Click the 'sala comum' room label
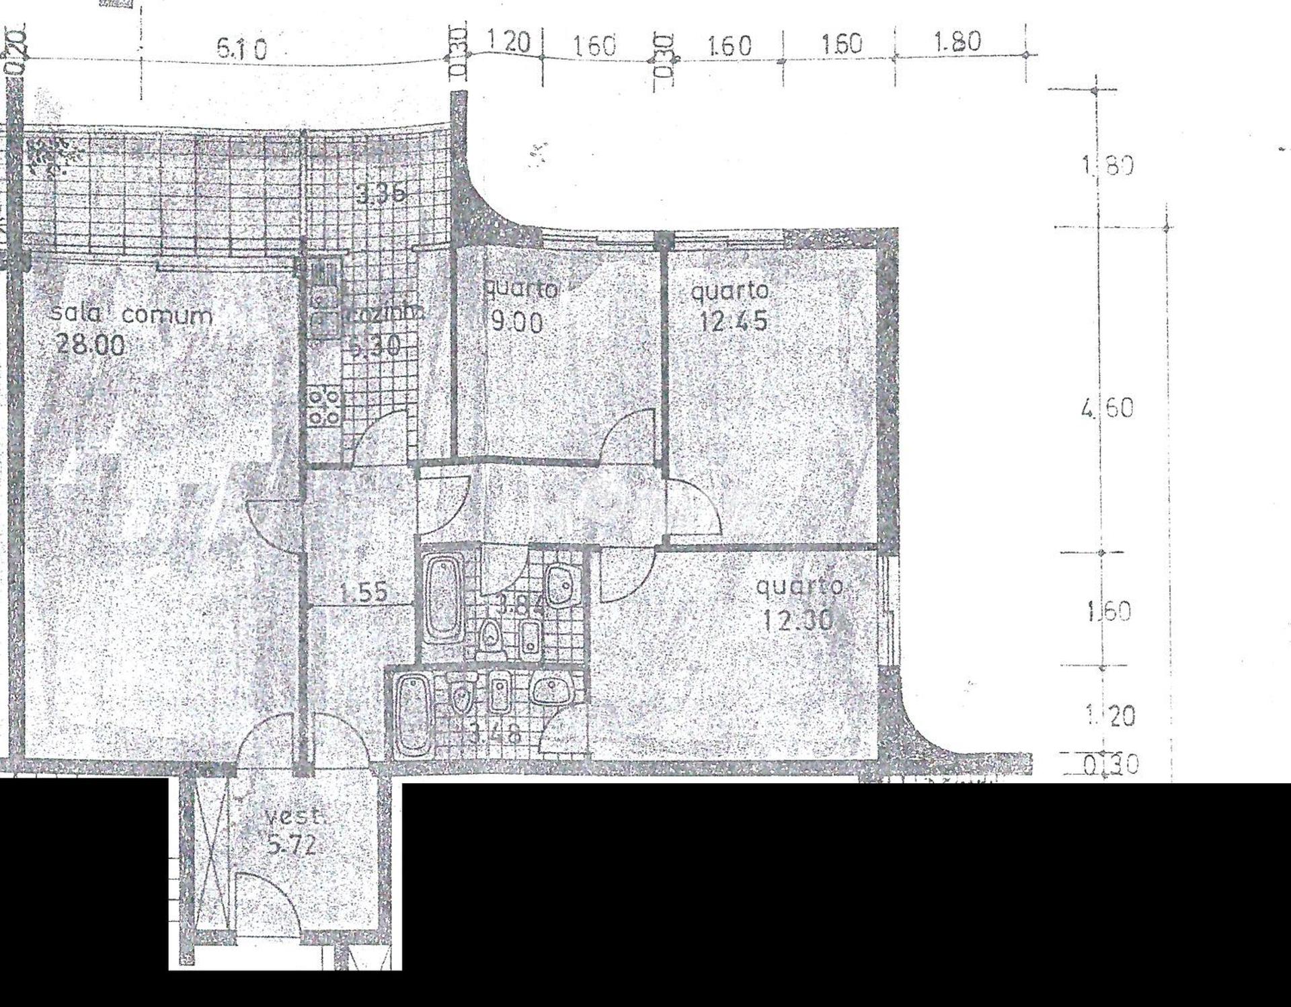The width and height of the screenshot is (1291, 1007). (132, 315)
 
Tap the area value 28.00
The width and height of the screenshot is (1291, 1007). (90, 345)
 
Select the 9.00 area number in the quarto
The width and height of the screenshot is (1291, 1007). (516, 323)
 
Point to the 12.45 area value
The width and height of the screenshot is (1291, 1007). (732, 321)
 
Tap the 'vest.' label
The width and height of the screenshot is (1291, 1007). (294, 817)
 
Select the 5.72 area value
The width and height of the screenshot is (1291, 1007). (291, 845)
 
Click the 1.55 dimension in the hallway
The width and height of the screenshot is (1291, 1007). (364, 593)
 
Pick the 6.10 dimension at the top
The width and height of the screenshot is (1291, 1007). (242, 48)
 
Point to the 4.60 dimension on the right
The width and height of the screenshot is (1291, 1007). (1107, 408)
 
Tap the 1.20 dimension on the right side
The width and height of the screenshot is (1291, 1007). (1111, 716)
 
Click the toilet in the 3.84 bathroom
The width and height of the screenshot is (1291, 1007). (490, 635)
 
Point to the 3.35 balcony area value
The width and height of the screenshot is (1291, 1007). (381, 194)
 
